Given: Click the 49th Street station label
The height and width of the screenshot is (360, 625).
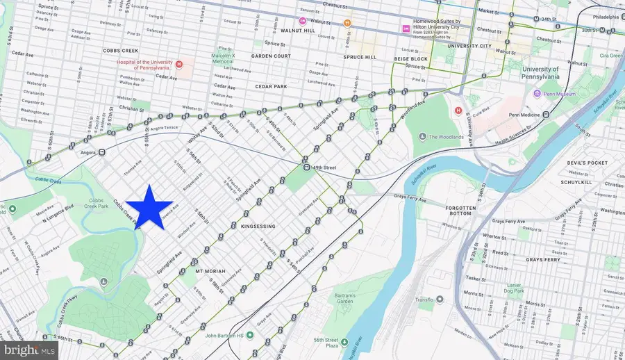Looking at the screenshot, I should click(327, 167).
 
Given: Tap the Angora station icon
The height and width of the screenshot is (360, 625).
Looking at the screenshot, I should click(101, 152).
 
